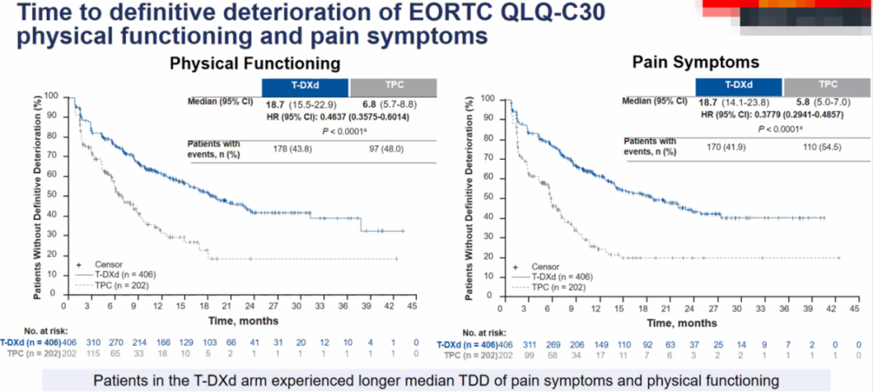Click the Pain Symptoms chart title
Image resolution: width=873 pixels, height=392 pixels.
(x=696, y=61)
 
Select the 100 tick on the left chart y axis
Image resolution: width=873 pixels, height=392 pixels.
(x=53, y=96)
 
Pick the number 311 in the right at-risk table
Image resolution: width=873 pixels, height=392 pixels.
(x=533, y=344)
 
